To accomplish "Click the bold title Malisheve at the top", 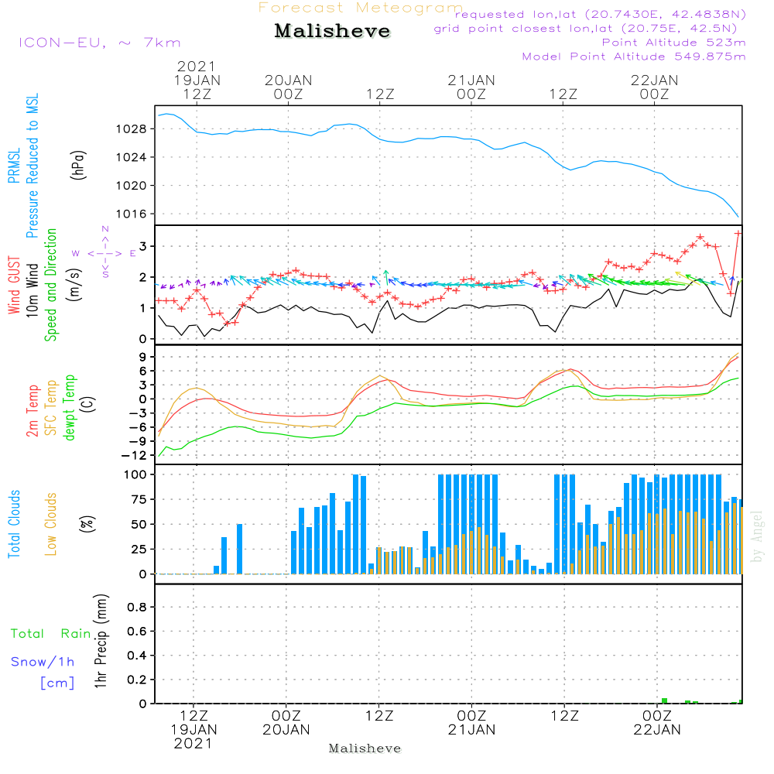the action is pos(332,31).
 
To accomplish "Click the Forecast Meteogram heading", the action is pos(361,8).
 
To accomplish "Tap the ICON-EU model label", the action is pos(62,43).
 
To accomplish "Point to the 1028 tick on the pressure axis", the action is pos(132,129).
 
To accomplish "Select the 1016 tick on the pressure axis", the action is pos(132,214).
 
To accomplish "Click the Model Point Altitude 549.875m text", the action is pos(634,57).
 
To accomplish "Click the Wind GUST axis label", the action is pos(14,285).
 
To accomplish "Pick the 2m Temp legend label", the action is pos(33,411).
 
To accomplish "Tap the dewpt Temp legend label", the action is pos(69,407).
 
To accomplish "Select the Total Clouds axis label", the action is pos(14,524).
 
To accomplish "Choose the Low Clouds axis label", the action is pos(51,524).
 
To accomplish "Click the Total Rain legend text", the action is pos(51,634).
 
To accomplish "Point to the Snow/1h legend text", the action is pos(43,662).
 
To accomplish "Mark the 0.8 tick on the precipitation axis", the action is pos(137,607).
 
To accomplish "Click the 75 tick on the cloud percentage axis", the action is pos(139,499).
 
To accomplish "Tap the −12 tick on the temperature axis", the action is pos(134,456).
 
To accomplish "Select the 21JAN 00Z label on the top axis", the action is pos(471,87).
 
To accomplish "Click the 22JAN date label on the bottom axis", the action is pos(657,730).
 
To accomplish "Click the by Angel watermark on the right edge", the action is pos(757,536).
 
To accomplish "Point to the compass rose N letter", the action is pos(105,229).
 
